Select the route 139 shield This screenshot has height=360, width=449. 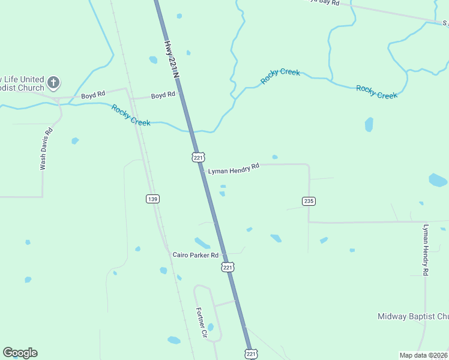tap(152, 199)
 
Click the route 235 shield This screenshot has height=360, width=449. tap(309, 201)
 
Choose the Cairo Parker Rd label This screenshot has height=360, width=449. tap(194, 255)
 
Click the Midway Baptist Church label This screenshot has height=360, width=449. tap(413, 316)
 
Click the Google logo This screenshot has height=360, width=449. tap(20, 353)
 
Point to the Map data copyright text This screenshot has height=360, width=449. tap(423, 355)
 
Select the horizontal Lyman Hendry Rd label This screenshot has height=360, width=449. tap(234, 169)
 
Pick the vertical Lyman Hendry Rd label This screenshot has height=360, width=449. tap(426, 250)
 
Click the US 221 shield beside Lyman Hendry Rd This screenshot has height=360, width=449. tap(199, 157)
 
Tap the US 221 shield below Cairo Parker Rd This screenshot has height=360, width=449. tap(228, 267)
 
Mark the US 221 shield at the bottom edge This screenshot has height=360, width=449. tap(252, 355)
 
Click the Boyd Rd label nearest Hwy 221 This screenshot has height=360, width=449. tap(163, 95)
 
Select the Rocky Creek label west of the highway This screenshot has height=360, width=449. tap(131, 115)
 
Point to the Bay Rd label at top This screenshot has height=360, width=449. tap(324, 2)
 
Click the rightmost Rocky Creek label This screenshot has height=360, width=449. tap(376, 92)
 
